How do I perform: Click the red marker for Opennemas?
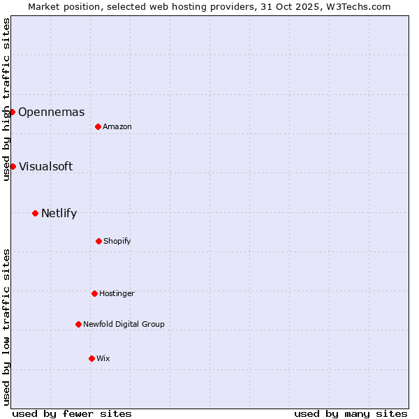tap(12, 112)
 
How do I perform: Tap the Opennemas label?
tap(51, 112)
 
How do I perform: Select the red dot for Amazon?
tap(98, 126)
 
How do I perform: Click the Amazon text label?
tap(117, 126)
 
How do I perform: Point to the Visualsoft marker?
tap(13, 166)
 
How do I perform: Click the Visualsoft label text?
tap(45, 166)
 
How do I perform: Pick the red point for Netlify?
tap(35, 213)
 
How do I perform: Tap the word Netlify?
tap(59, 214)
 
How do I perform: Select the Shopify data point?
tap(98, 241)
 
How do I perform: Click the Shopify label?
tap(117, 242)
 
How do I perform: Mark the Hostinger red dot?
tap(94, 293)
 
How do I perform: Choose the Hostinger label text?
tap(117, 294)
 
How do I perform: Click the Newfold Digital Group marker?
tap(78, 324)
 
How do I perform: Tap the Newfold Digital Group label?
tap(124, 324)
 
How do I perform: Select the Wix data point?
tap(91, 358)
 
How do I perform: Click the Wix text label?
tap(103, 358)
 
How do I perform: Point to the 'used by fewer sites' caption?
tap(72, 413)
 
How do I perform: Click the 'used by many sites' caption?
tap(351, 413)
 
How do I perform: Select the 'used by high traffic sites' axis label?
tap(6, 99)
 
